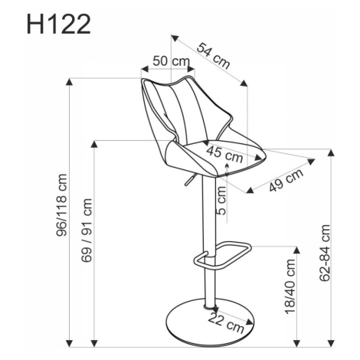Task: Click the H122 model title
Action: coord(59,24)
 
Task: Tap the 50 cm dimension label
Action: coord(172,61)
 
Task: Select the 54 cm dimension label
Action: coord(213,56)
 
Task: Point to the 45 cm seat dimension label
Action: coord(224,155)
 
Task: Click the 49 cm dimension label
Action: coord(286,180)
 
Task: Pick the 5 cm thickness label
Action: coord(221,201)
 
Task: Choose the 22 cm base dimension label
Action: coord(226,322)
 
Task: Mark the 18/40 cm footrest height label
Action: coord(290,286)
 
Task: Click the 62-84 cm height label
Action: coord(325,253)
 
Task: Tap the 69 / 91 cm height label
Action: coord(87,231)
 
